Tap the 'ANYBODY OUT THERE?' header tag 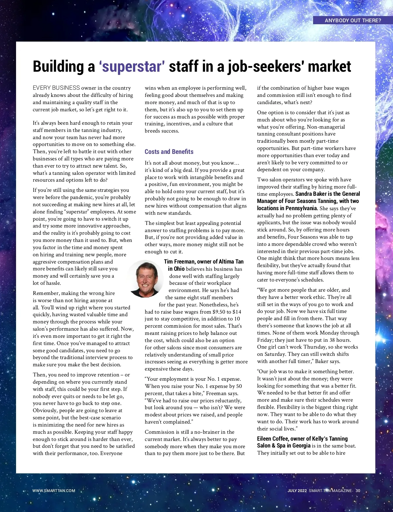353,20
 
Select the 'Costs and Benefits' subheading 169,152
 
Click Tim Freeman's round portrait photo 145,279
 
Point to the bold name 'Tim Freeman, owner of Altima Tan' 204,262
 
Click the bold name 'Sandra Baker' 311,194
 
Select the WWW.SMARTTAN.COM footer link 54,491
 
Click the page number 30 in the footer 358,491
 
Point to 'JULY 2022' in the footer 297,491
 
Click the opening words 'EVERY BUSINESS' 56,88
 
